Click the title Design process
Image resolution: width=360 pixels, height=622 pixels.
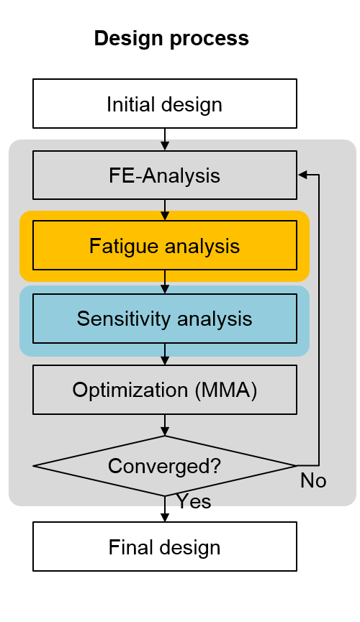point(171,39)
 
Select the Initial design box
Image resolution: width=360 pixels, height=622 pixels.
point(164,104)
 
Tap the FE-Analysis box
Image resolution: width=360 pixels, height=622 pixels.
point(164,175)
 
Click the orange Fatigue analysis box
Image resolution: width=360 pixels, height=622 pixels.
point(164,245)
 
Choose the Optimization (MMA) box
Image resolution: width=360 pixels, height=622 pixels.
point(164,390)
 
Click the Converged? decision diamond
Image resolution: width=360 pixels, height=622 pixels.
point(164,466)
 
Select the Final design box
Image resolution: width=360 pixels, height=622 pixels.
point(164,546)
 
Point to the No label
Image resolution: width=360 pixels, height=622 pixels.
point(313,481)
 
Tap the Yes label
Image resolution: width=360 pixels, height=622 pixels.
point(194,501)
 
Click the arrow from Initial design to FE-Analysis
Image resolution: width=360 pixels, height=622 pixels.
point(164,140)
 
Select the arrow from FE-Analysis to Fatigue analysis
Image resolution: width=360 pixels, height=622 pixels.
point(164,210)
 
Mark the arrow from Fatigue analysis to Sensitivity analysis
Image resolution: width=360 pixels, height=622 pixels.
point(164,282)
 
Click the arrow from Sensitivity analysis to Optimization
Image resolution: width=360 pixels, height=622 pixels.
point(164,355)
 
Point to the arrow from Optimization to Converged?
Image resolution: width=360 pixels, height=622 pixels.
point(164,425)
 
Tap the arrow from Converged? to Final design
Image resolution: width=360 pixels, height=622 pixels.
point(164,509)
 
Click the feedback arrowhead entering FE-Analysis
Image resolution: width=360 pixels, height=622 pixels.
point(303,175)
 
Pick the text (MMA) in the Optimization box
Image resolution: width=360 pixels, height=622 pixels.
point(226,390)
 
